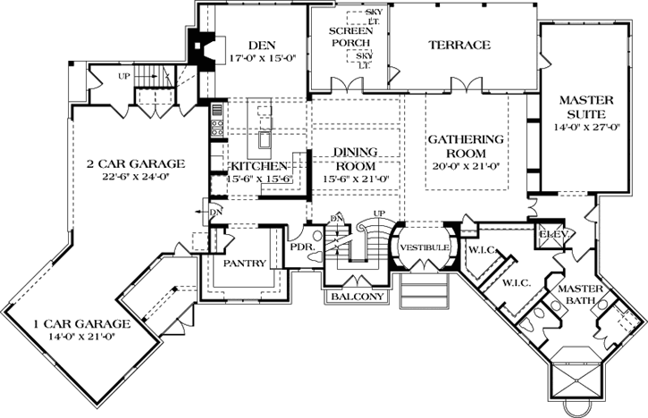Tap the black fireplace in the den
(x=205, y=49)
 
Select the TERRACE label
(x=459, y=45)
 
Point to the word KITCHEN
(x=259, y=166)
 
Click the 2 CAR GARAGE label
(x=135, y=163)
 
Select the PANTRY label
(x=242, y=264)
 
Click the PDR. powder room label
(x=300, y=247)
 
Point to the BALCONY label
(x=357, y=297)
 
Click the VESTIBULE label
(x=418, y=246)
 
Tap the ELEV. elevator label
(x=549, y=234)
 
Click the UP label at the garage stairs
(x=124, y=76)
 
